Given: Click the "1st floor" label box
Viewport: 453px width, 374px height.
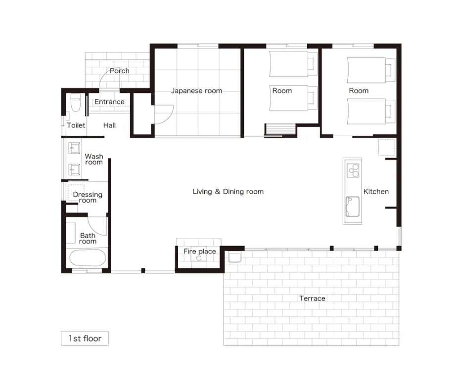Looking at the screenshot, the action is [85, 338].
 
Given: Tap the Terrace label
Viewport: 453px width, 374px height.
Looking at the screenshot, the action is [312, 298].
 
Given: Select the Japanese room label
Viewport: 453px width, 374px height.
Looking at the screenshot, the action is [196, 90].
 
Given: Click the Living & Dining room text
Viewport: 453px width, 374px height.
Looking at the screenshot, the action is [228, 191].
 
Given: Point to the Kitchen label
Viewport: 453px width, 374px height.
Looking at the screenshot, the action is [376, 191].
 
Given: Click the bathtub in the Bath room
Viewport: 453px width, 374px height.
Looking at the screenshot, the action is [88, 258].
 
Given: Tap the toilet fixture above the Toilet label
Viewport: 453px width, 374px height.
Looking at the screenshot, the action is [76, 102].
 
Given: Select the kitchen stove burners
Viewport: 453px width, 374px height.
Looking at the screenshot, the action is [353, 170].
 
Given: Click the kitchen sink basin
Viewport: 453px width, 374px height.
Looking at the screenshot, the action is [353, 207].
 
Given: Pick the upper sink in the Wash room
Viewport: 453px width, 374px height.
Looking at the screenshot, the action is [74, 148].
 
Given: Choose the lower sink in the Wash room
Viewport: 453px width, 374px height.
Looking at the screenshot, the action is [74, 169].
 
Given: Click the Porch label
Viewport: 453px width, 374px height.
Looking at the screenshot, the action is [119, 71].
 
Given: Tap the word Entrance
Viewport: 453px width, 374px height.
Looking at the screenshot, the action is [109, 102].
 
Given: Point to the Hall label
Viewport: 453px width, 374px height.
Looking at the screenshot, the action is [109, 125].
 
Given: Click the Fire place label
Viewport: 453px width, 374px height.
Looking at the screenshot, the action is [200, 251].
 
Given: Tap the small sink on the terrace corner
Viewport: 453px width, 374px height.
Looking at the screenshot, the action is [234, 258].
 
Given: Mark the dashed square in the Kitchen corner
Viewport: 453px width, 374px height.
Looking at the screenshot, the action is [387, 147].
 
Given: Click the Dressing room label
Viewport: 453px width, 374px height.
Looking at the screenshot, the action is [88, 197].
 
